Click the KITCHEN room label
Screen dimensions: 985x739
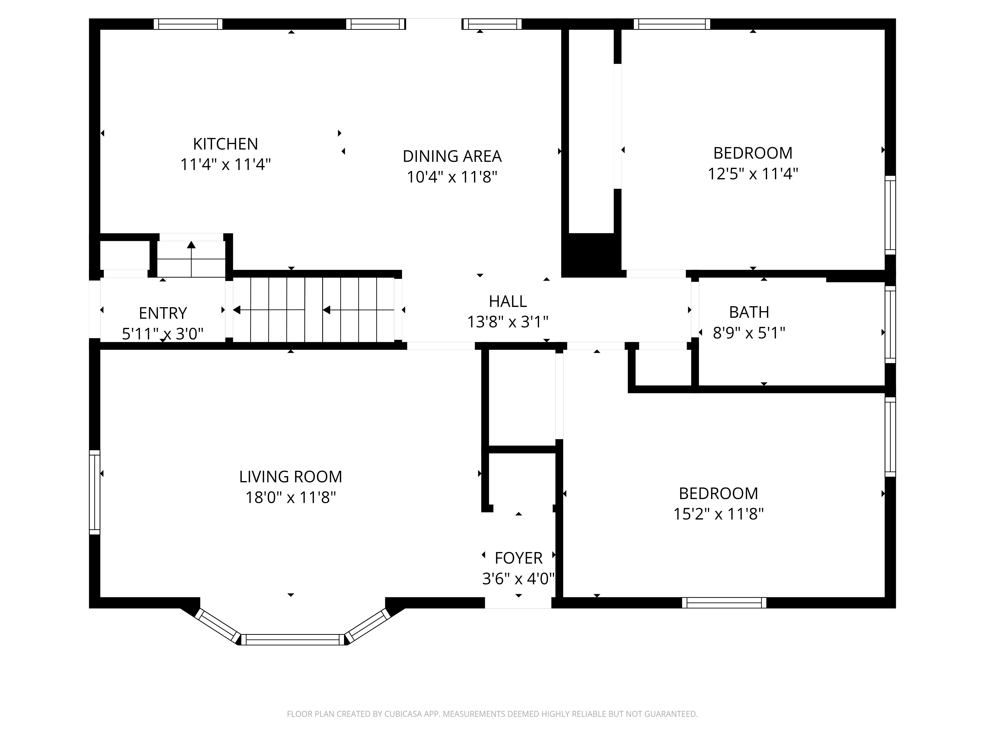tap(225, 144)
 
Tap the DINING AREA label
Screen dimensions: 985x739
tap(452, 156)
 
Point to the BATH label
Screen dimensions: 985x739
tap(749, 312)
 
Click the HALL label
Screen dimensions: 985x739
tap(508, 302)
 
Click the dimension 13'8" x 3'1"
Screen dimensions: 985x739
tap(508, 322)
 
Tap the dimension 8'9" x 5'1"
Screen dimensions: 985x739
tap(749, 333)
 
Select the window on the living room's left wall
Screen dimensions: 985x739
tap(94, 492)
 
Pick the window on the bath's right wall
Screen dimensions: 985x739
tap(890, 324)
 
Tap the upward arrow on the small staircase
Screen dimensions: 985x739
tap(192, 259)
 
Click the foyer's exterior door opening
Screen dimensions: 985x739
tap(518, 603)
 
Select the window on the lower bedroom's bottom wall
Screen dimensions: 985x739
tap(724, 603)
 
